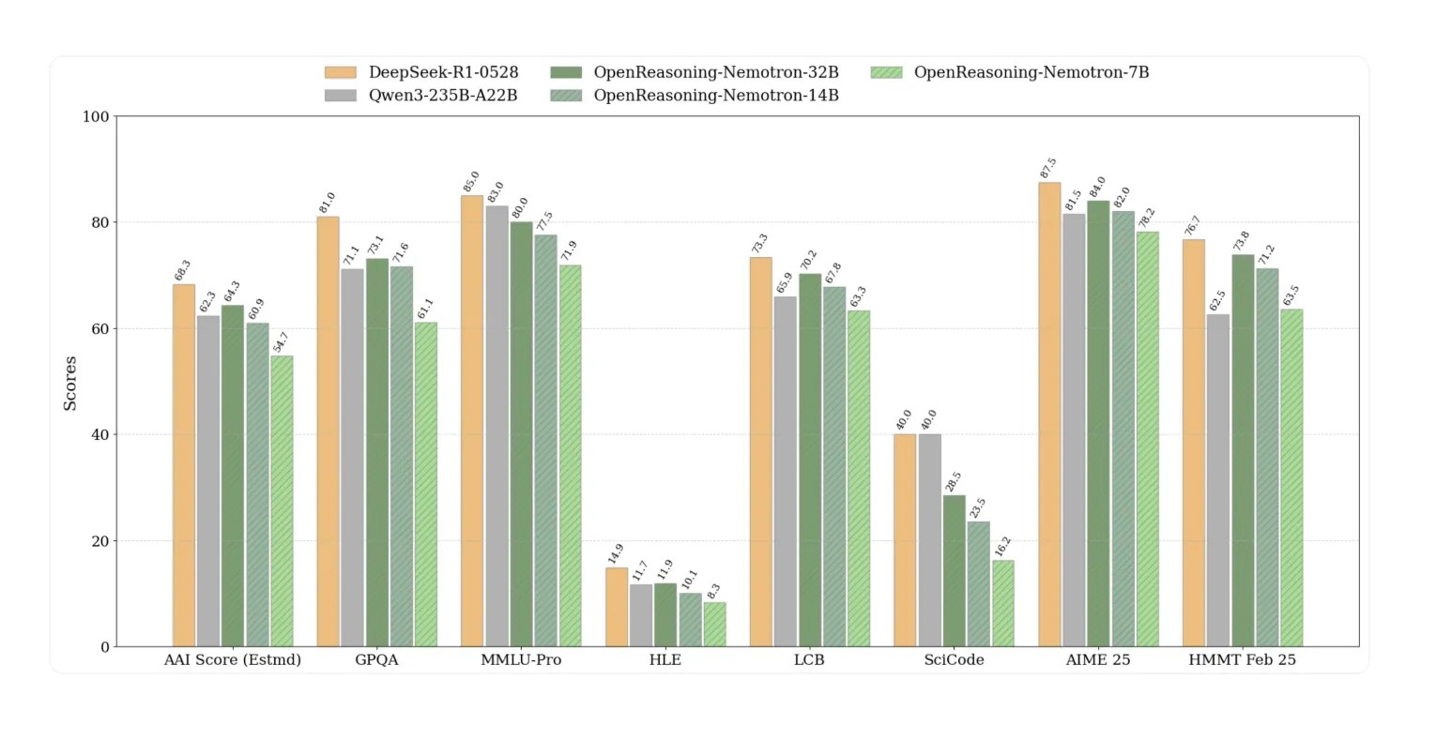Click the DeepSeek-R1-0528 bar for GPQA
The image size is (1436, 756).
[x=328, y=431]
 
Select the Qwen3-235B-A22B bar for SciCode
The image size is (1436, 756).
[x=929, y=540]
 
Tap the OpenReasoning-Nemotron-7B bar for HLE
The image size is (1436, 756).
[x=714, y=625]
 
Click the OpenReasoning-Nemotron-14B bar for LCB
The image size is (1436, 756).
[x=834, y=467]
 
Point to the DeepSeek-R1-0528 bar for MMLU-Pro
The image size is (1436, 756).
[x=472, y=421]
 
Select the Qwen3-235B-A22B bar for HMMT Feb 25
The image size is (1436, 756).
[x=1217, y=480]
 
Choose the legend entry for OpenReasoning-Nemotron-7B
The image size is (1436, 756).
[x=1031, y=72]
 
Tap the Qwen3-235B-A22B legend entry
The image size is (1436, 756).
[x=442, y=96]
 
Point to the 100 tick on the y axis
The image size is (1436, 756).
[x=97, y=117]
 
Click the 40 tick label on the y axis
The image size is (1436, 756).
[x=100, y=435]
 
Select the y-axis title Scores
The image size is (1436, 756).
[x=70, y=383]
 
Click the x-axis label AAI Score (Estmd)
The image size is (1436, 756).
[x=233, y=660]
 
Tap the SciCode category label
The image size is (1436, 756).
[x=954, y=660]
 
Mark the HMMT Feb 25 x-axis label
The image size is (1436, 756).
[x=1242, y=660]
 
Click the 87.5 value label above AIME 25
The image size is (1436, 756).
[x=1048, y=169]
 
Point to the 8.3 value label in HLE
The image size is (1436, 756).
[x=714, y=592]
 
